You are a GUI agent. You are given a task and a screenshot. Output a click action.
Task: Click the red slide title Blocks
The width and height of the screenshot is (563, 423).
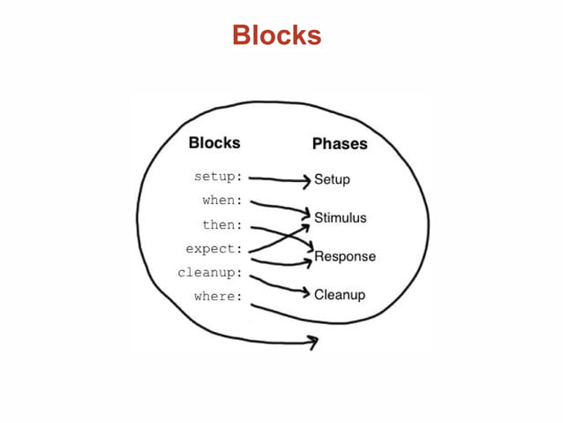(x=276, y=36)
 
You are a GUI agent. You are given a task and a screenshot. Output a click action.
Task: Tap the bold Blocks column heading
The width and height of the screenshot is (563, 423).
(x=214, y=143)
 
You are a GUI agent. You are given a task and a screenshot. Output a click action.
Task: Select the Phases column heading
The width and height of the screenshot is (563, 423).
(x=339, y=144)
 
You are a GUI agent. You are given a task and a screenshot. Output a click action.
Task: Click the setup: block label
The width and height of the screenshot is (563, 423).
(x=217, y=177)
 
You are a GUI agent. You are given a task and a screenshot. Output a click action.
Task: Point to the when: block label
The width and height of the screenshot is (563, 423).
(x=221, y=200)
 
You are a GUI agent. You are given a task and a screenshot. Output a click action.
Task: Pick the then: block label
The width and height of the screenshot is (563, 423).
(x=221, y=225)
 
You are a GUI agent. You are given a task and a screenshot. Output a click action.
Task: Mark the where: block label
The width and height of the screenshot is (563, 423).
(x=217, y=297)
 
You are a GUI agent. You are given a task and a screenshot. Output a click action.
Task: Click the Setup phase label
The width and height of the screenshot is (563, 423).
(x=332, y=180)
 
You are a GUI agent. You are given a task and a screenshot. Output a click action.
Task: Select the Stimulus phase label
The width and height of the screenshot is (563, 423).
(x=340, y=217)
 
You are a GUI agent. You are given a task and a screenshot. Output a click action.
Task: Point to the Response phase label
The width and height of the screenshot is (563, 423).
(x=344, y=257)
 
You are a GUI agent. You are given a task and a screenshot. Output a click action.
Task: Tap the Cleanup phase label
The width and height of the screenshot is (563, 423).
(x=339, y=295)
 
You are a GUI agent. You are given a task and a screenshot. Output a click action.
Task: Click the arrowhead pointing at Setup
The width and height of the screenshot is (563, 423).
(x=307, y=179)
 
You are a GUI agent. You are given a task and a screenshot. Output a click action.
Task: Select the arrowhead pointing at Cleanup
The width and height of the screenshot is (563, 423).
(x=305, y=291)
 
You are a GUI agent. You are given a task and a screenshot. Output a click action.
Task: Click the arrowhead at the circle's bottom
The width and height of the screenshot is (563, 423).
(x=312, y=342)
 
